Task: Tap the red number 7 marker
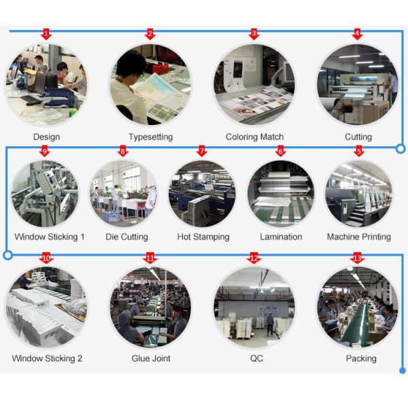(x=201, y=151)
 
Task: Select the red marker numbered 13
(x=358, y=258)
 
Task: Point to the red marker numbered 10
(x=46, y=258)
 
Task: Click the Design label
(x=46, y=137)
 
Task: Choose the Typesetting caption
(x=150, y=137)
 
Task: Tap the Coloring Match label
(x=254, y=137)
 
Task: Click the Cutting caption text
(x=358, y=137)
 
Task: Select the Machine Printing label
(x=358, y=237)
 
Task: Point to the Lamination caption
(x=281, y=237)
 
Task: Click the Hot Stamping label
(x=203, y=237)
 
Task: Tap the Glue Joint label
(x=151, y=358)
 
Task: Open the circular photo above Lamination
(x=281, y=194)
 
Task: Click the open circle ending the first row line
(x=401, y=148)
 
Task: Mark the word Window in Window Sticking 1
(x=30, y=237)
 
